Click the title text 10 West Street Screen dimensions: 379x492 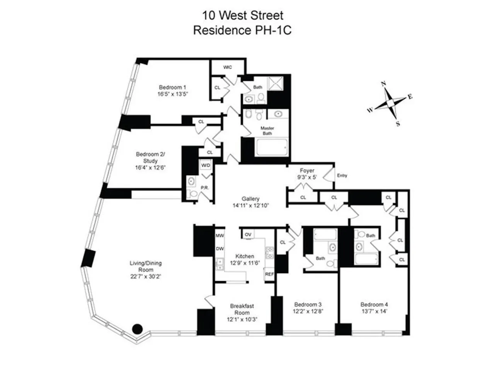242,15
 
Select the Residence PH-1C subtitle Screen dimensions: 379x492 242,30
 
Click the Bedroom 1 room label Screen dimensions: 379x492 172,87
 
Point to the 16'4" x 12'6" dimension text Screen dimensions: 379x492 150,167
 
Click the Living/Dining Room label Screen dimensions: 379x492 146,266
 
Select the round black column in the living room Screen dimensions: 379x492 137,329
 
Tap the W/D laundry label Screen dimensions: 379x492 206,166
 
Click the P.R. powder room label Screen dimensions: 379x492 204,188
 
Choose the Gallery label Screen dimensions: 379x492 250,199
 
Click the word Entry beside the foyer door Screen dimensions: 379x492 342,176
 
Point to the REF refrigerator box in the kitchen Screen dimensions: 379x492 269,274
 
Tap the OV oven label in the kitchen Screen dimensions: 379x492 248,235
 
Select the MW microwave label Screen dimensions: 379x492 220,236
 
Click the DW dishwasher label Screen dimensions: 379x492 220,249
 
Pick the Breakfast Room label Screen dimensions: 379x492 242,309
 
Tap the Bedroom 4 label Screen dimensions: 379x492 374,304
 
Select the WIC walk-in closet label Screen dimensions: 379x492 228,67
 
